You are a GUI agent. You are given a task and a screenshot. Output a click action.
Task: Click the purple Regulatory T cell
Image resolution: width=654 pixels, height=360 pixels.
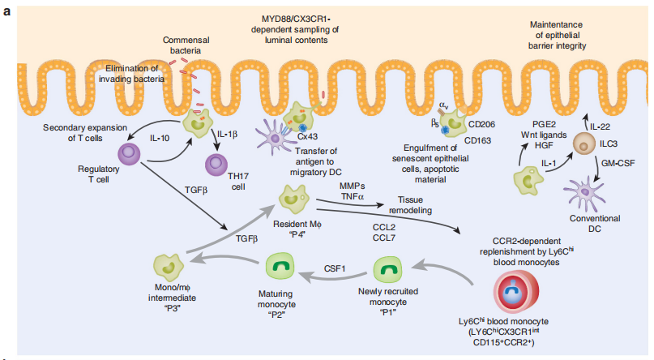coord(130,153)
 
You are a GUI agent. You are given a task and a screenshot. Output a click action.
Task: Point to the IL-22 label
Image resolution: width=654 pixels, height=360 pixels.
coord(601,126)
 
